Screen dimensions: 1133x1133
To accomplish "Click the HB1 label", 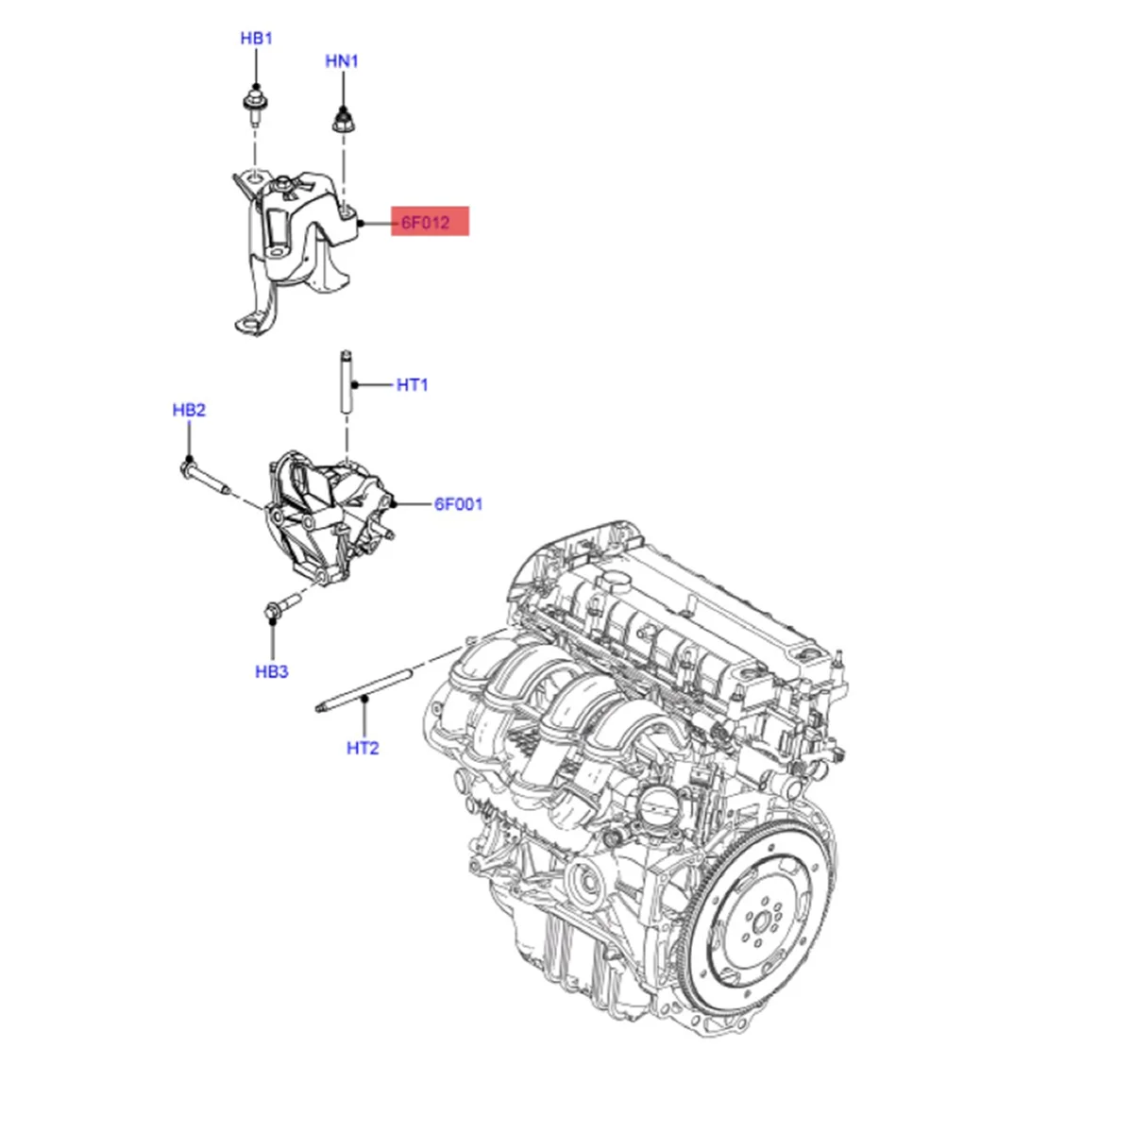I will [x=256, y=39].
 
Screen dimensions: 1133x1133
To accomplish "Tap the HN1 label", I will [x=342, y=61].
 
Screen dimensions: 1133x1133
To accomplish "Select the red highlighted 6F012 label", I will [x=430, y=224].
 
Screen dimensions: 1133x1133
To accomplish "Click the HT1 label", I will [x=413, y=385].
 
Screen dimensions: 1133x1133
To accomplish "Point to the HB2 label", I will [x=189, y=411].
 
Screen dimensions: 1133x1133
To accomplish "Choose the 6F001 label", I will [x=458, y=504].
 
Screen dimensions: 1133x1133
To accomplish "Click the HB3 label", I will [x=272, y=672].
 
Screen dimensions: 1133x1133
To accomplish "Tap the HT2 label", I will [x=363, y=748].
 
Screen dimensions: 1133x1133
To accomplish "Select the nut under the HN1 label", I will [x=343, y=121].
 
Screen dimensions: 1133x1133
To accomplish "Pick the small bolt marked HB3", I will [x=281, y=604].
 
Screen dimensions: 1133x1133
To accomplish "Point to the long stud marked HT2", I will [x=364, y=689].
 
